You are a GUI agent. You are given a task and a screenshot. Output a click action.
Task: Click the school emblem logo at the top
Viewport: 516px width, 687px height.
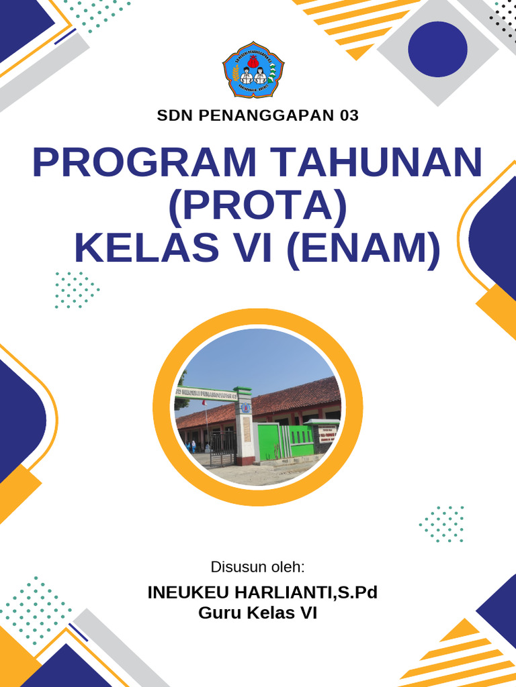coord(253,70)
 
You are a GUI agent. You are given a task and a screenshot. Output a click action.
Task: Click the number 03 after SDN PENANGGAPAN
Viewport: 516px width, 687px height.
coord(349,115)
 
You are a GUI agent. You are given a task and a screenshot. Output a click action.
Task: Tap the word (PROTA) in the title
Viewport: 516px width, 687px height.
coord(257,205)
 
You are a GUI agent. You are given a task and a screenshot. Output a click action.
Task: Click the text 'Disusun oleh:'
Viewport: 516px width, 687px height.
coord(258,567)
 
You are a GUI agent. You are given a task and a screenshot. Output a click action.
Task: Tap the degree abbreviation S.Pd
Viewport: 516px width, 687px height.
coord(357,593)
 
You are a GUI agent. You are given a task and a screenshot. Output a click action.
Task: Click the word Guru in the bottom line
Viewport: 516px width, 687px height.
coord(220,613)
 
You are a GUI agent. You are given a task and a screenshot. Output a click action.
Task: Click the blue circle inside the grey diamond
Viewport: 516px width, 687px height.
coord(437,49)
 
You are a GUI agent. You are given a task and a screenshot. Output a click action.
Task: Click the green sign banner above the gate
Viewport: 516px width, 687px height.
coord(208,395)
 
